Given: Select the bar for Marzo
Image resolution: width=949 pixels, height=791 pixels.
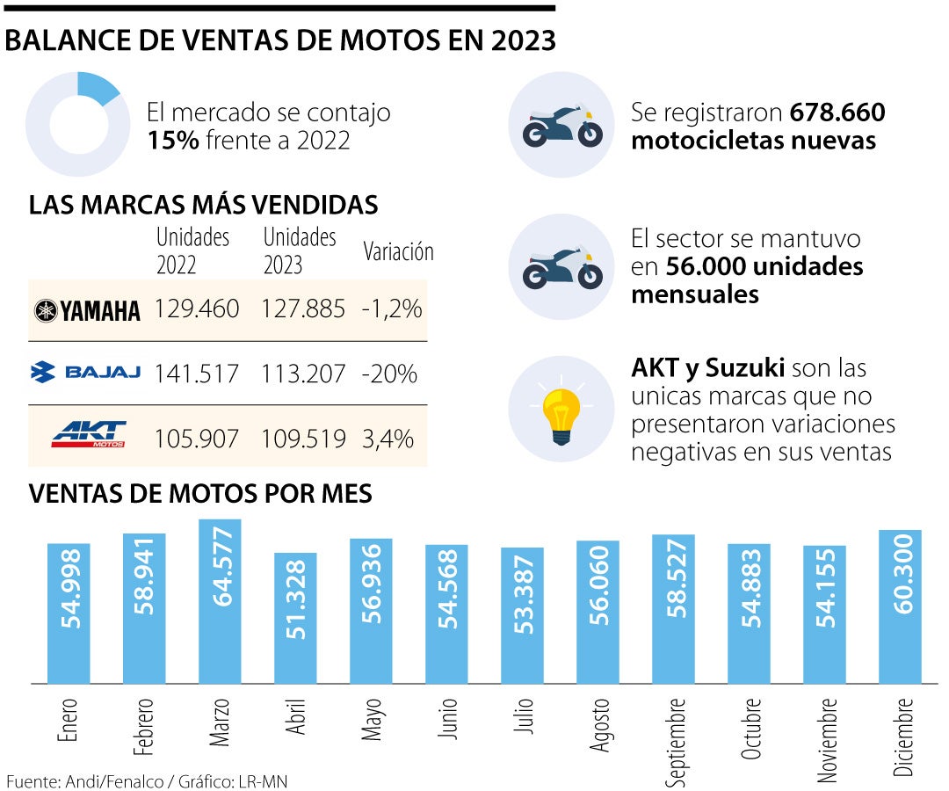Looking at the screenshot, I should click(220, 601).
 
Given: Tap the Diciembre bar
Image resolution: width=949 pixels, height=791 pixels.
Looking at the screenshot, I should click(900, 606).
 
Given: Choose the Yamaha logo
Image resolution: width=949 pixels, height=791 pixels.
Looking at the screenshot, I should click(87, 310).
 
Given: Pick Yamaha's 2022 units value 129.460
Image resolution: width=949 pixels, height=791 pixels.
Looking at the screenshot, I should click(197, 309).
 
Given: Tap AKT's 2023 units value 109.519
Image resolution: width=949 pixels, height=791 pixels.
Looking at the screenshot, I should click(303, 437).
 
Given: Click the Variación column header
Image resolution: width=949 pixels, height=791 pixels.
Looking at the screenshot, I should click(398, 251).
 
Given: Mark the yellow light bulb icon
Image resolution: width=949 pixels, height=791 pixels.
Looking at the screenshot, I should click(561, 410).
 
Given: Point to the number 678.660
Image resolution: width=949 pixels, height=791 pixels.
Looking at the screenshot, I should click(837, 112).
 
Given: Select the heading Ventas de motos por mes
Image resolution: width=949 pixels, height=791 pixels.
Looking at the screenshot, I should click(200, 494).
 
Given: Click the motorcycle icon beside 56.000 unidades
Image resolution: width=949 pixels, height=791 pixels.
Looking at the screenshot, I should click(561, 266).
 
